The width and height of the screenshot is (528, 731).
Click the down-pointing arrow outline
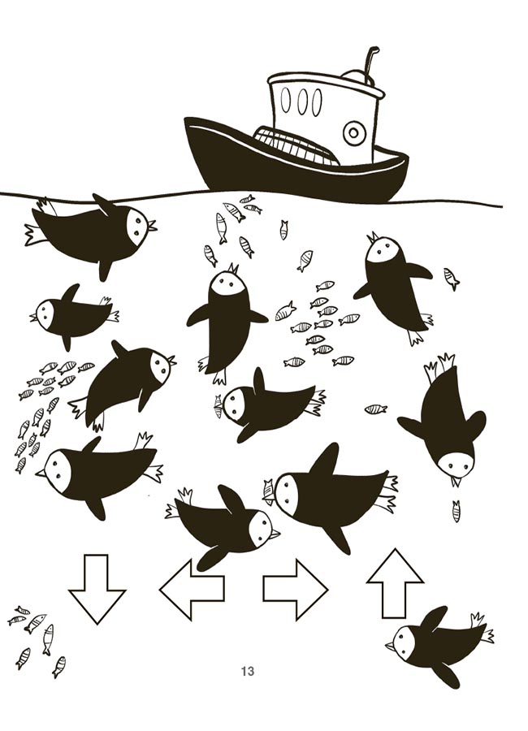[97, 588]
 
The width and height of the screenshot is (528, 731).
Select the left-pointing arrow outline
[192, 590]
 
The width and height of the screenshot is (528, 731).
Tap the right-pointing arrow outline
[296, 590]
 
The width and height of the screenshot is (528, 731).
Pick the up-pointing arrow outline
[395, 583]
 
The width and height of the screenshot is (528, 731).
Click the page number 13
[248, 672]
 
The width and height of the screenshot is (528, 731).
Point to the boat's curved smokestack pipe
[370, 65]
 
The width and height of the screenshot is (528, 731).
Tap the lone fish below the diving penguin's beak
[457, 511]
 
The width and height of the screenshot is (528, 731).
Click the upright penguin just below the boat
[226, 322]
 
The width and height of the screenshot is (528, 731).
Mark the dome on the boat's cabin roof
[357, 76]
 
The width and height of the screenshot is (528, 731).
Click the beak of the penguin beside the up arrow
[391, 646]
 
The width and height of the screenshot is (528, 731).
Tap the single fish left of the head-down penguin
[376, 409]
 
